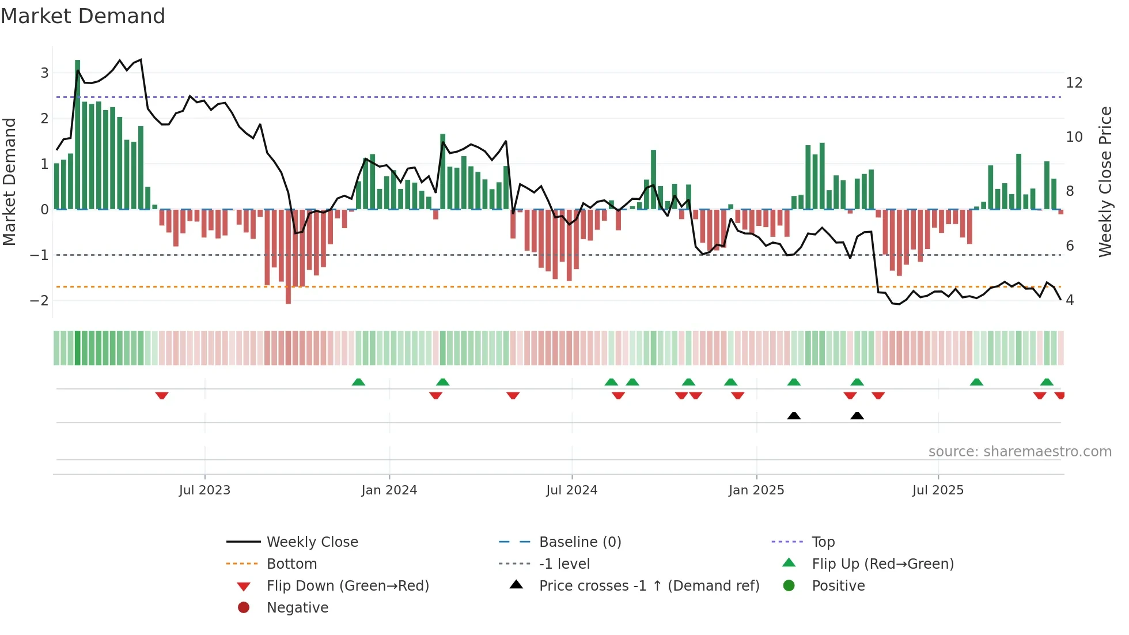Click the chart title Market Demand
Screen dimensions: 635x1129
[83, 16]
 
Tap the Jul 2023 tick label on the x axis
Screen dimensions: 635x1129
[204, 490]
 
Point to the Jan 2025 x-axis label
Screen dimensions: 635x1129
[756, 490]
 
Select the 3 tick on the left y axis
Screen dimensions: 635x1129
[44, 73]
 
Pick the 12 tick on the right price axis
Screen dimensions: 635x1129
[1074, 83]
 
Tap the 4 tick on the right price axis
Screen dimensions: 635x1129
[1070, 300]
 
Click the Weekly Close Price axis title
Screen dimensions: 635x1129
[1105, 182]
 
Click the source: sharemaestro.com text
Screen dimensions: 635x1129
[1020, 452]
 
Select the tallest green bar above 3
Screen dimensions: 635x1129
[77, 133]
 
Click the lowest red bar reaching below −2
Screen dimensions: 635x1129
[288, 256]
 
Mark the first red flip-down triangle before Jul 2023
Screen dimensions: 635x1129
[162, 395]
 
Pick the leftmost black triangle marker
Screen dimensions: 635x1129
[794, 415]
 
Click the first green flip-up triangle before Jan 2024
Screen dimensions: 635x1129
[358, 382]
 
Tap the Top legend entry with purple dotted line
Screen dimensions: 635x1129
[823, 542]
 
